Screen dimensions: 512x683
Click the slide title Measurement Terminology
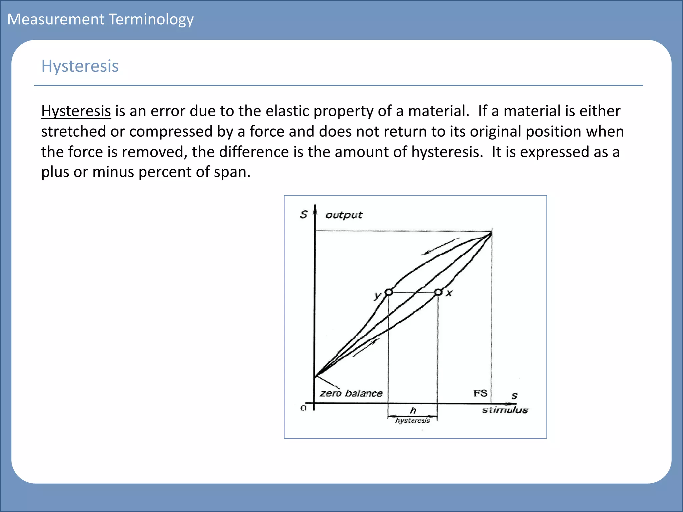coord(100,19)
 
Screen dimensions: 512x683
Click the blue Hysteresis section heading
coord(80,66)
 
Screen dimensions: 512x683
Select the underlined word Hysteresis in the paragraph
coord(76,111)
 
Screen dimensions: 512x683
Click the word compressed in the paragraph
coord(171,131)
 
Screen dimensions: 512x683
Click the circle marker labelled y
coord(389,292)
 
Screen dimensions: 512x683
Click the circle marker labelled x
coord(438,292)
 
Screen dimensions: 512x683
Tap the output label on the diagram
coord(344,215)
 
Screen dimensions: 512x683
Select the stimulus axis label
coord(505,410)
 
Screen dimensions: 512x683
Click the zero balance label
coord(351,393)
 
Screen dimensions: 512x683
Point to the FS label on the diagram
coord(480,393)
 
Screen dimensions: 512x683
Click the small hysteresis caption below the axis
coord(413,421)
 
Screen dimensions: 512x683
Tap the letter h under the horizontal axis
coord(413,410)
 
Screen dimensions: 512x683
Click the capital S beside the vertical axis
coord(303,214)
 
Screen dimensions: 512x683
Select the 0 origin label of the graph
coord(303,408)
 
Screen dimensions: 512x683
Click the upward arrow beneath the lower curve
coord(366,348)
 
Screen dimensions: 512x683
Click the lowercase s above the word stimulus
coord(514,396)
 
